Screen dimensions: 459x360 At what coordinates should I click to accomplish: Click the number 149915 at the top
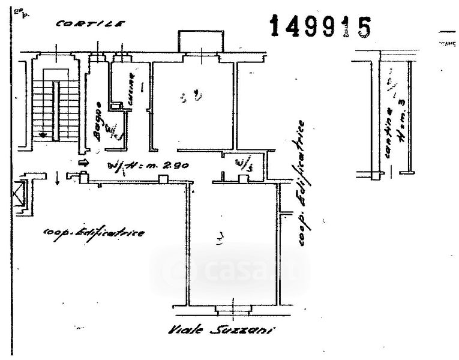click(320, 27)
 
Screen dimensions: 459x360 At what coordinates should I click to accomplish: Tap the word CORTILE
click(90, 25)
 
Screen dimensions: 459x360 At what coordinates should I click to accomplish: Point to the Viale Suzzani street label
click(221, 331)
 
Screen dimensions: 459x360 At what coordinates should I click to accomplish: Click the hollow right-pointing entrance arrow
click(83, 163)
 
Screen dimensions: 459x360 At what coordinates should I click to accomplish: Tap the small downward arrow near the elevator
click(57, 178)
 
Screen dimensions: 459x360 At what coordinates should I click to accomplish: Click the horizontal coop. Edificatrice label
click(93, 232)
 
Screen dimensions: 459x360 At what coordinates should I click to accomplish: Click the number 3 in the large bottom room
click(220, 241)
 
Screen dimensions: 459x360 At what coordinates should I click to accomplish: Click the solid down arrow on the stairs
click(43, 134)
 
